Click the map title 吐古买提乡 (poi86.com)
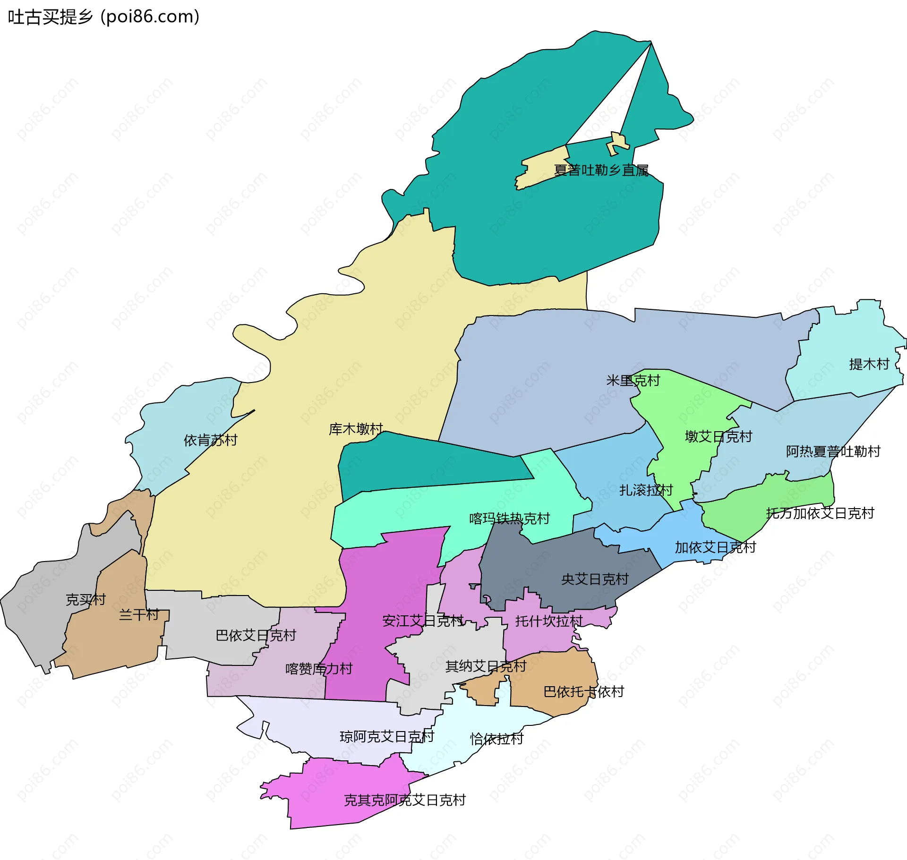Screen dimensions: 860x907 [x=103, y=17]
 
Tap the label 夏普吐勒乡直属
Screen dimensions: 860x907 [x=601, y=170]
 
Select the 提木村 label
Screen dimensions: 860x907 [x=869, y=364]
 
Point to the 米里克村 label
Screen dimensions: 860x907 [x=633, y=380]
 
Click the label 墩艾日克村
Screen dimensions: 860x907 [x=718, y=436]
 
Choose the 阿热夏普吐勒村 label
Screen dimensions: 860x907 [x=833, y=451]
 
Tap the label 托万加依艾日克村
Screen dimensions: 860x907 [x=820, y=513]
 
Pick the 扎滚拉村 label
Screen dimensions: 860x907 [x=646, y=490]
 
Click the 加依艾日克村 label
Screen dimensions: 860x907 [x=715, y=547]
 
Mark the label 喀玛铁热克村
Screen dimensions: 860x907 [x=509, y=519]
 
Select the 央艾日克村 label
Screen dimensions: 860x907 [x=594, y=579]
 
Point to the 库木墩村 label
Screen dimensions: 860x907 [x=355, y=429]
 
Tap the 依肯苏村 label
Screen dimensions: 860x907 [x=210, y=440]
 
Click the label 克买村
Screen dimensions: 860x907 [x=86, y=600]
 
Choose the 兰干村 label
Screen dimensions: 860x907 [x=138, y=614]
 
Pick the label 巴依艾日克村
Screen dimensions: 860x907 [x=256, y=635]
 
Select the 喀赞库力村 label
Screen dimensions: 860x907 [x=319, y=669]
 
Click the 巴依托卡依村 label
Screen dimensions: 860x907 [x=583, y=692]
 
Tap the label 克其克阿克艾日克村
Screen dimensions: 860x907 [x=404, y=800]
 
